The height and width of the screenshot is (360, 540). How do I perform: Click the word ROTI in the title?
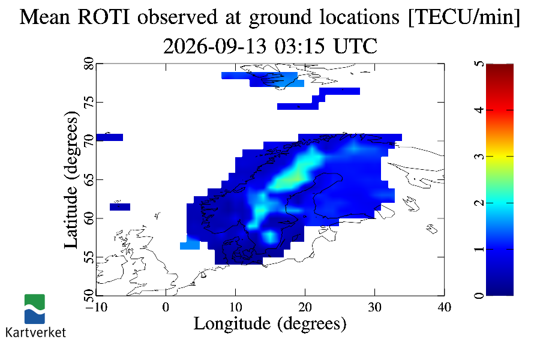[104, 17]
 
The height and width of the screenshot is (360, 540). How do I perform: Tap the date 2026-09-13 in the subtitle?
[215, 46]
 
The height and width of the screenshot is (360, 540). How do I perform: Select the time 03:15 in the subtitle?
[299, 46]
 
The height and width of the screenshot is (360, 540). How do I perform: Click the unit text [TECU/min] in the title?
[464, 17]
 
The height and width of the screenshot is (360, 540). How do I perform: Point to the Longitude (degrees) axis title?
[269, 323]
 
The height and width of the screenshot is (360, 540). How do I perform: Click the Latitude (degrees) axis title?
[71, 179]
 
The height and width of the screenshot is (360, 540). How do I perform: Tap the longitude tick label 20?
[305, 307]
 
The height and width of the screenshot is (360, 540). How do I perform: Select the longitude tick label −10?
[96, 307]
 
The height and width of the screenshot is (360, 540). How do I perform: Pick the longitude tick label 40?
[444, 307]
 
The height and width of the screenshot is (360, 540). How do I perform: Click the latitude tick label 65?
[89, 179]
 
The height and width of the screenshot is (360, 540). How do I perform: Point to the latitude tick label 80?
[89, 64]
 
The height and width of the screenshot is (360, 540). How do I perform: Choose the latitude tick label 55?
[89, 257]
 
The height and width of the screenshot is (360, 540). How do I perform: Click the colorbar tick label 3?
[479, 157]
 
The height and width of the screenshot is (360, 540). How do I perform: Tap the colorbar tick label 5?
[479, 64]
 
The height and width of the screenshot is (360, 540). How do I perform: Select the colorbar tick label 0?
[479, 296]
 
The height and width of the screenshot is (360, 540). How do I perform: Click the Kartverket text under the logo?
[35, 332]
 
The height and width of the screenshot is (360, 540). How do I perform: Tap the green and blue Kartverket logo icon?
[34, 309]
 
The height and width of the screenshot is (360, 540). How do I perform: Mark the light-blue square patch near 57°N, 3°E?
[190, 244]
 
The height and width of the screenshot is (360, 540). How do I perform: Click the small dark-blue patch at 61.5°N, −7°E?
[120, 206]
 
